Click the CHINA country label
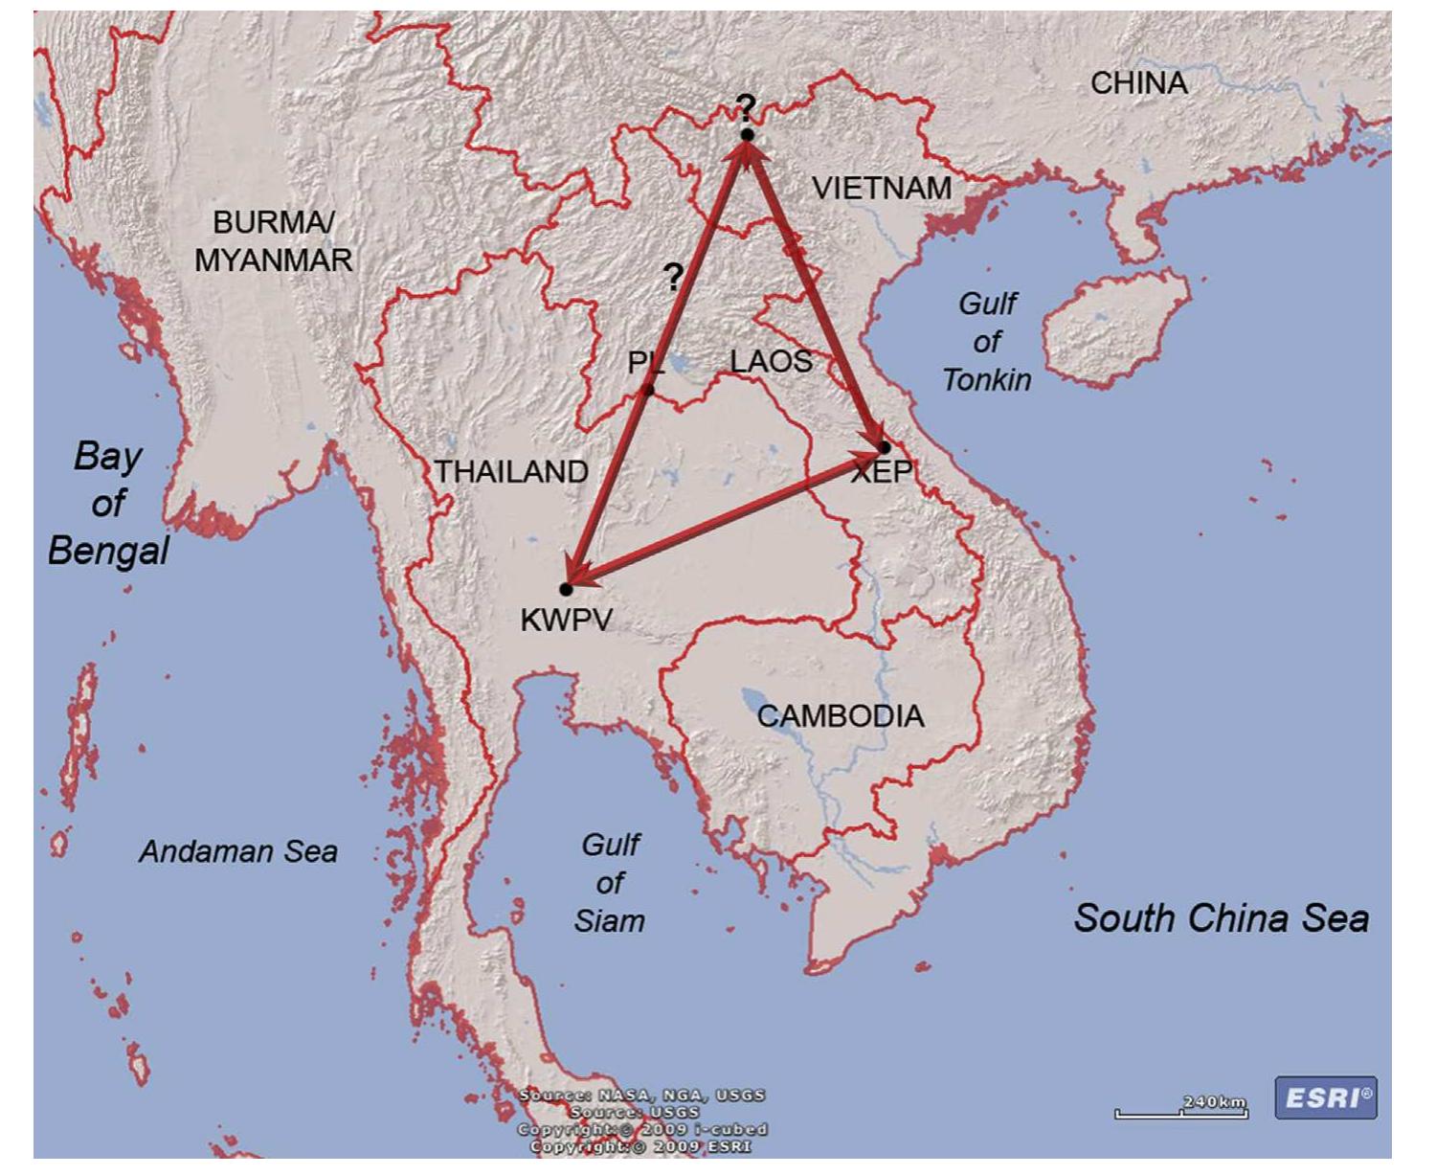[x=1139, y=83]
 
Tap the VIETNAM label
[x=882, y=188]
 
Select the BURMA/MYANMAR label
[x=274, y=240]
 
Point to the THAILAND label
[x=511, y=471]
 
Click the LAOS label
[x=771, y=361]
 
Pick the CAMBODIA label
[x=841, y=715]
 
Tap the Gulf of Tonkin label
[x=987, y=342]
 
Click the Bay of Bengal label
[x=108, y=503]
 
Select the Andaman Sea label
[x=238, y=851]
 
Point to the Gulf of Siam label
[x=610, y=882]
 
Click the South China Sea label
[x=1221, y=917]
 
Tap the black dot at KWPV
[x=567, y=589]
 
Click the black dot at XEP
[x=885, y=447]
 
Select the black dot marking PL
[x=648, y=390]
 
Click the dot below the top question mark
[x=747, y=135]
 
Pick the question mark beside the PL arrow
[x=674, y=278]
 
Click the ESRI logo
[x=1326, y=1097]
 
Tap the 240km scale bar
[x=1181, y=1111]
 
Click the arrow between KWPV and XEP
[x=726, y=518]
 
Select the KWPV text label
[x=566, y=620]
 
